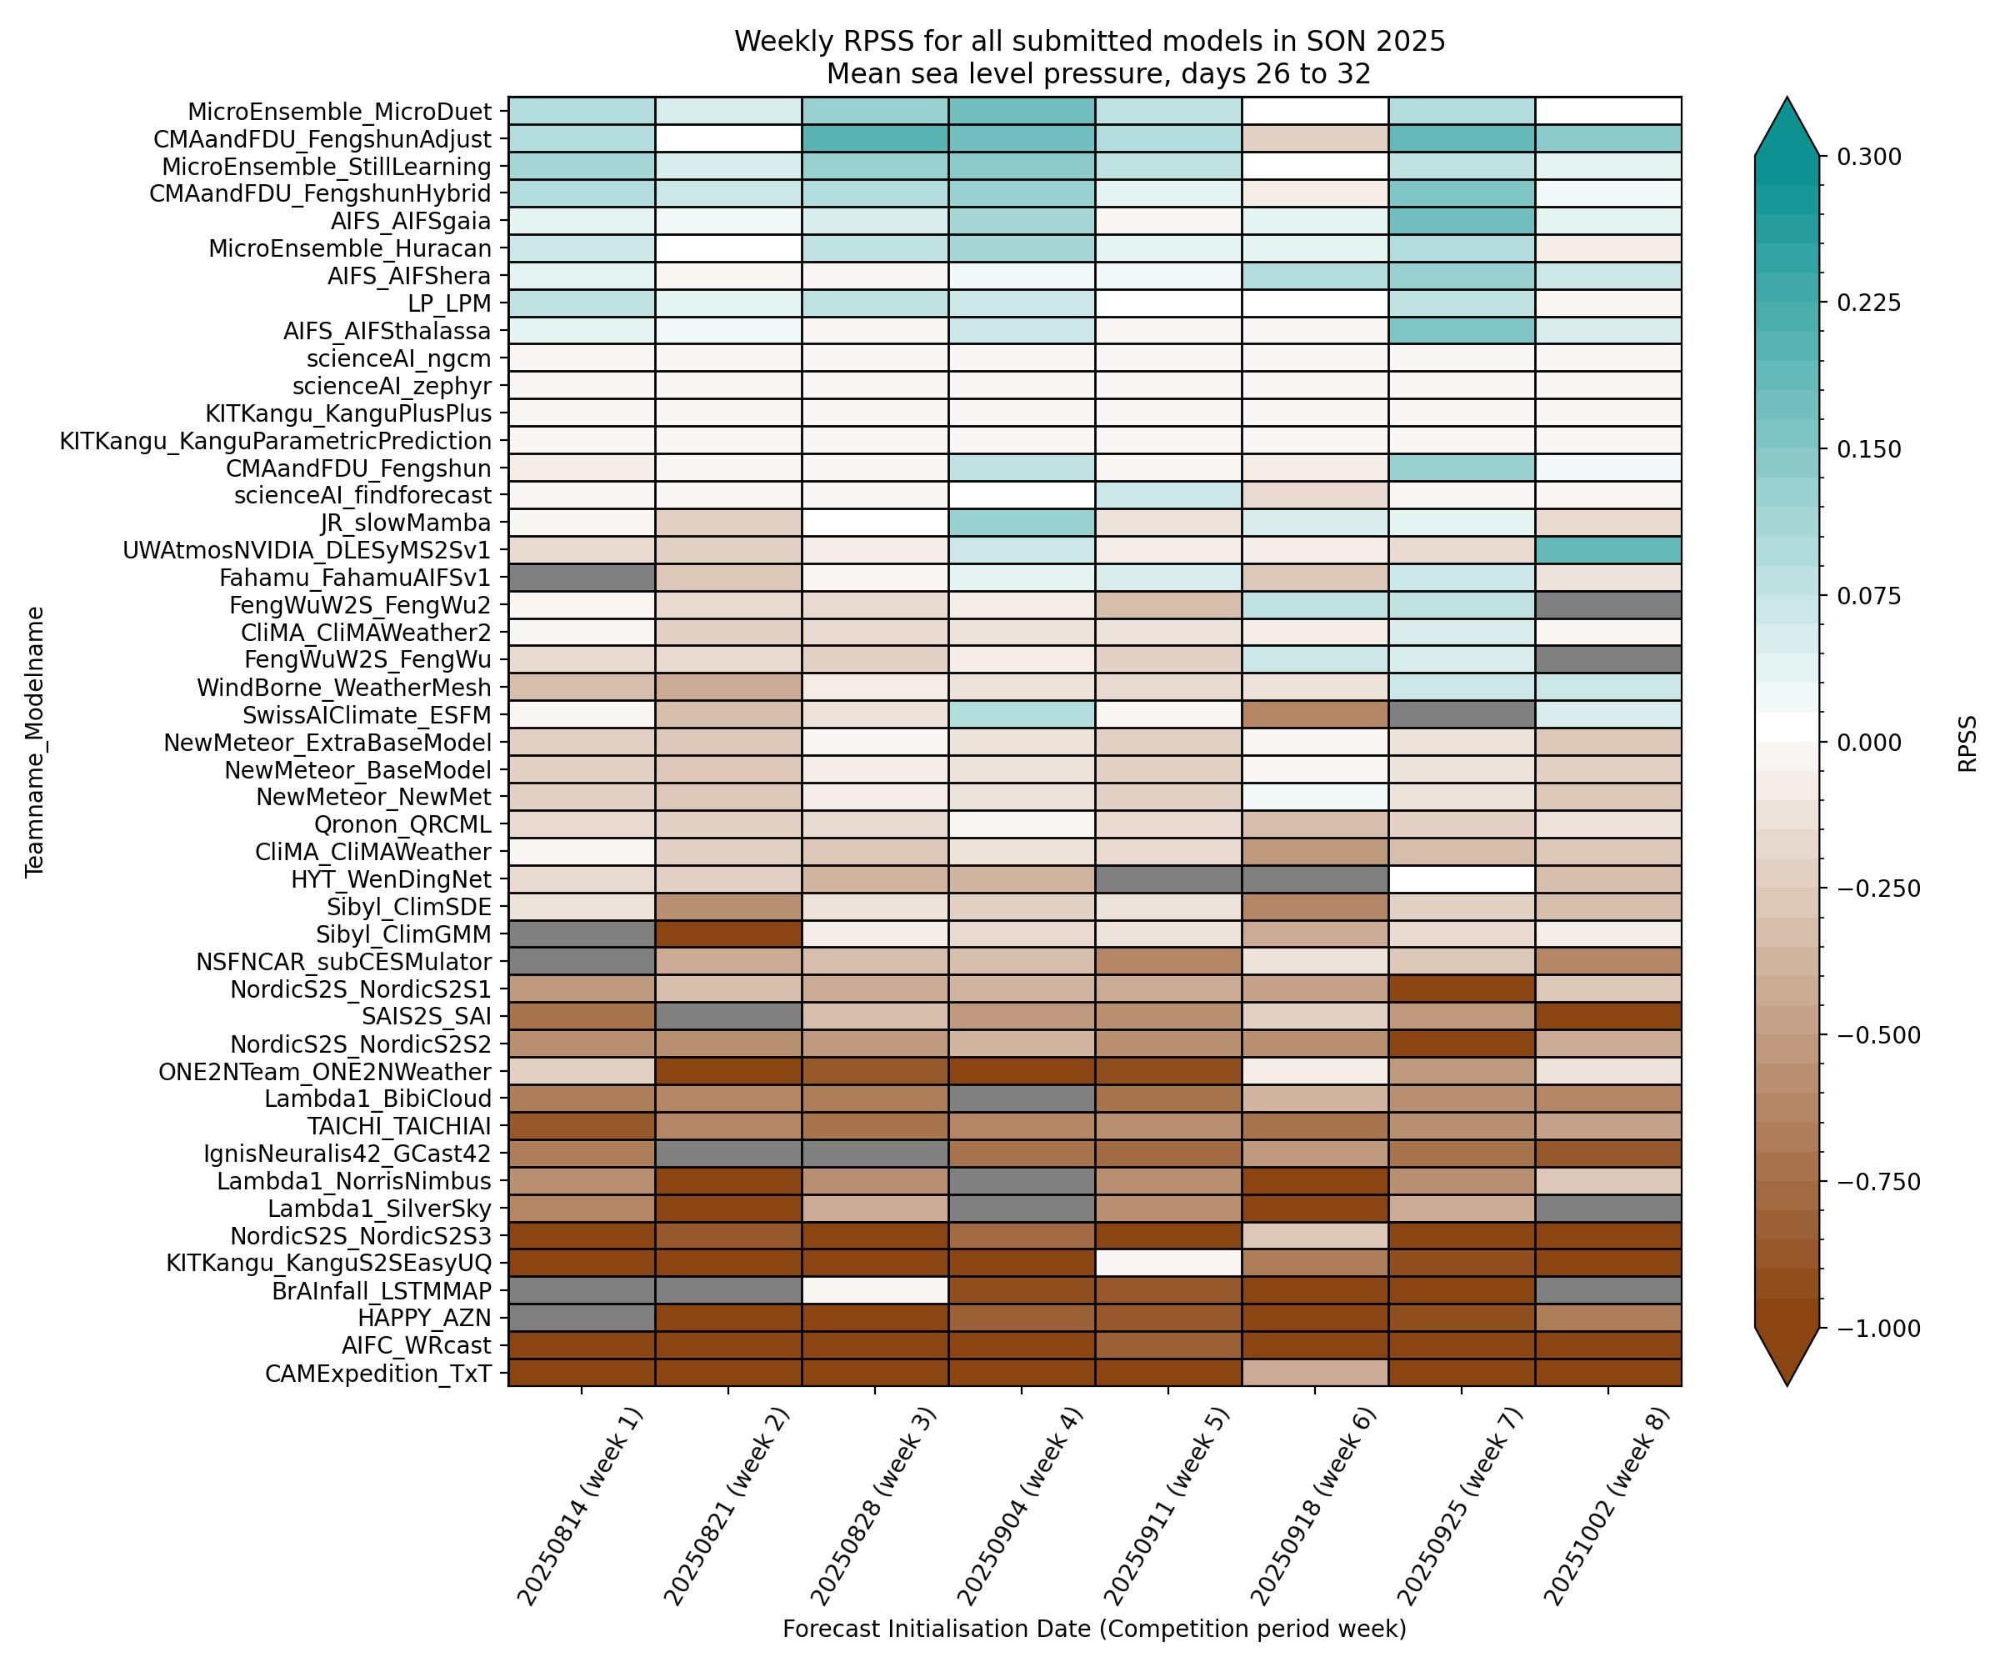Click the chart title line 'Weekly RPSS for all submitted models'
[1089, 42]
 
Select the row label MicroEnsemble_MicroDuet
[339, 112]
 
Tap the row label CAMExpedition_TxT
[378, 1374]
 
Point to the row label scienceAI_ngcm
[398, 358]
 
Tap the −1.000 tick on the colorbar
[1874, 1329]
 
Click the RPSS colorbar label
[1967, 743]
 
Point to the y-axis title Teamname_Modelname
[35, 741]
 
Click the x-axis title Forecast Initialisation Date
[1094, 1629]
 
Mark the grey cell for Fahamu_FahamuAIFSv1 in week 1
[582, 578]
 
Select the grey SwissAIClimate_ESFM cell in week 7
[1461, 715]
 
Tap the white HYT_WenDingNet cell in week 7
[1461, 879]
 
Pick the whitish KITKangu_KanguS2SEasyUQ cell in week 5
[1167, 1263]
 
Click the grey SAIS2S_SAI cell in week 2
[728, 1016]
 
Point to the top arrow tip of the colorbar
[1787, 98]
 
